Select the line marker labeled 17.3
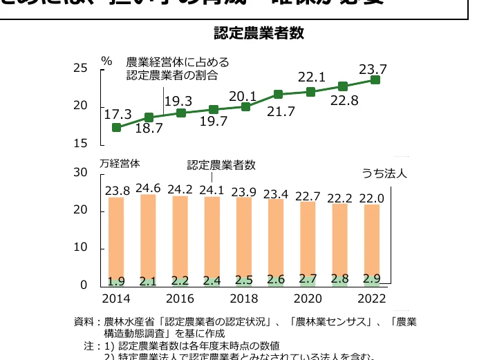tap(116, 128)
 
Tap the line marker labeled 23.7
tap(375, 80)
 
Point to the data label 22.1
tap(311, 76)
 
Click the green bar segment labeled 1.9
tap(116, 281)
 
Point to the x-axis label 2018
tap(245, 299)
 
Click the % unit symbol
tap(106, 60)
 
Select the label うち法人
tap(384, 173)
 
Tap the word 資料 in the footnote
tap(82, 321)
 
